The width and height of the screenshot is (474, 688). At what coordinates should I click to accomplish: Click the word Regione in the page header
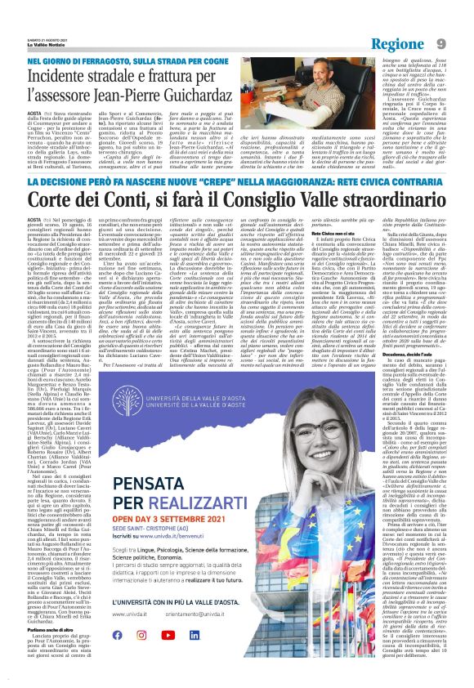point(401,43)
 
